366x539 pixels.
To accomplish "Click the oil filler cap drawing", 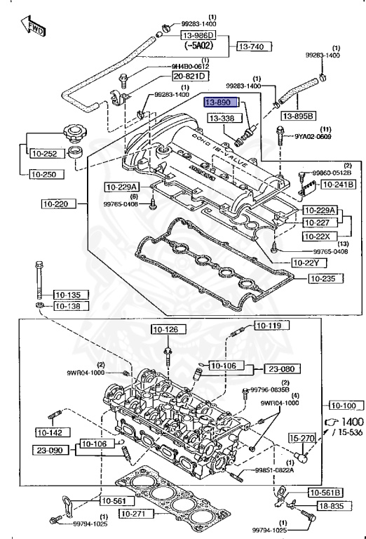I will click(72, 133).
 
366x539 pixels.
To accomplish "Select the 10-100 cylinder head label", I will click(342, 406).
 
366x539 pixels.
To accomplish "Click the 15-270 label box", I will click(304, 438).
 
